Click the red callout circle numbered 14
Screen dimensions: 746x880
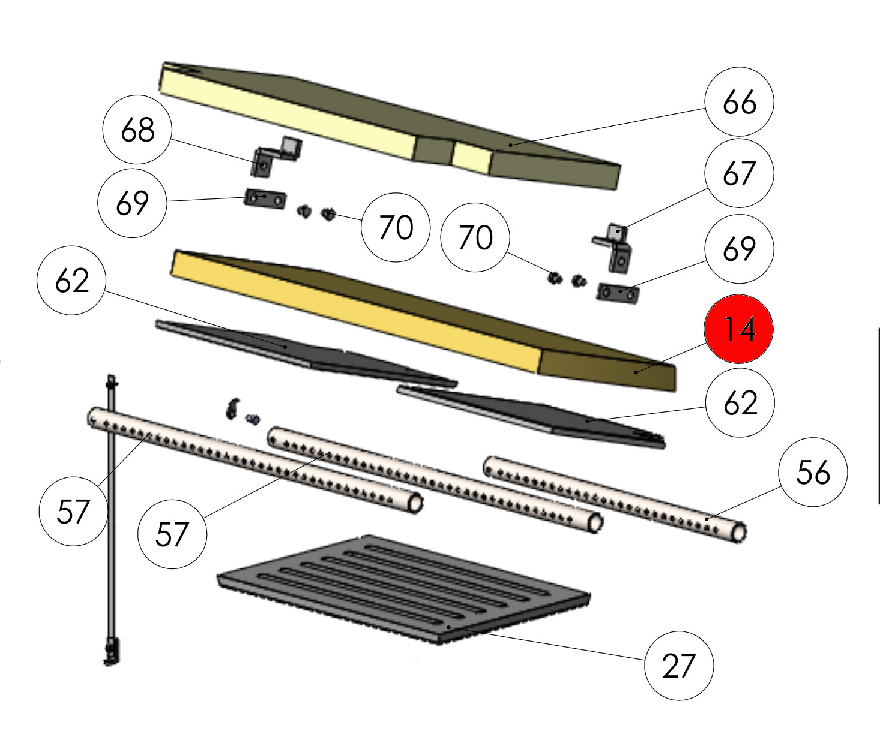738,329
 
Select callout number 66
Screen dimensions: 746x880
739,101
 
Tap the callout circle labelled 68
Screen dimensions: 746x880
137,130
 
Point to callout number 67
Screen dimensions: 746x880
739,173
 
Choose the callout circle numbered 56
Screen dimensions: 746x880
813,472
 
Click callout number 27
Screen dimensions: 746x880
678,665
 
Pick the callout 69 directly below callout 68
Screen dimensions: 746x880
132,203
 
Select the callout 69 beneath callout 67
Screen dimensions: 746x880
739,248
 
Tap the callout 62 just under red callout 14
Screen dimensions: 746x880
740,402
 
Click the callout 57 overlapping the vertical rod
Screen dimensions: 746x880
73,512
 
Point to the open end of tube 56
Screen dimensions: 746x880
739,533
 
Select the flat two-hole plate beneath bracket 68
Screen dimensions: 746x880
265,198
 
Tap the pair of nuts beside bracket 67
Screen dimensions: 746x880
565,279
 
